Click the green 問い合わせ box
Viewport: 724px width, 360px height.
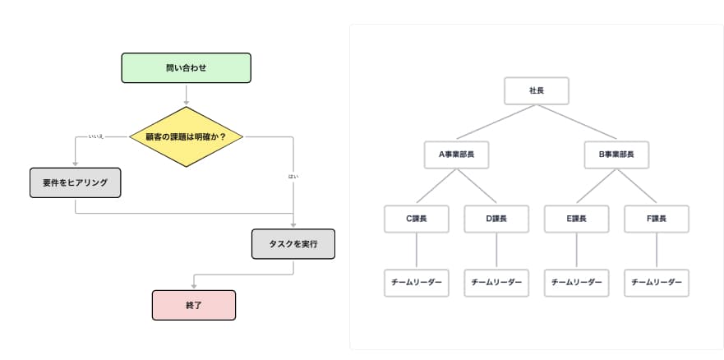pyautogui.click(x=186, y=68)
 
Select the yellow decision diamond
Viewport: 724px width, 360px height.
pyautogui.click(x=188, y=136)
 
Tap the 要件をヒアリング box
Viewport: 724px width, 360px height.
pyautogui.click(x=75, y=182)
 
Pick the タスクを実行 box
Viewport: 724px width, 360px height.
pyautogui.click(x=293, y=243)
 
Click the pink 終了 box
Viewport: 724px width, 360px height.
pyautogui.click(x=194, y=305)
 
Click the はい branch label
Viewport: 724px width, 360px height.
pyautogui.click(x=293, y=176)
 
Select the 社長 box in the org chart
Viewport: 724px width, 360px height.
pyautogui.click(x=536, y=90)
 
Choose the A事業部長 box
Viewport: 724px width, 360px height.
pyautogui.click(x=457, y=154)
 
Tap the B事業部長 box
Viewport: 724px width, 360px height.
pyautogui.click(x=616, y=154)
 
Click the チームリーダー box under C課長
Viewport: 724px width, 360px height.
pyautogui.click(x=417, y=282)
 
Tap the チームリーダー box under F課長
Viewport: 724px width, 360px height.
pyautogui.click(x=657, y=282)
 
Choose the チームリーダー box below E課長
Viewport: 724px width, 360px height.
pyautogui.click(x=576, y=282)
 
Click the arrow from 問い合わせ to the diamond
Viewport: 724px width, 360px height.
pyautogui.click(x=187, y=95)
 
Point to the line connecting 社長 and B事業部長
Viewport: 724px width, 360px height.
pyautogui.click(x=576, y=122)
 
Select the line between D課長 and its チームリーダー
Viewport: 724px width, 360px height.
pyautogui.click(x=496, y=250)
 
